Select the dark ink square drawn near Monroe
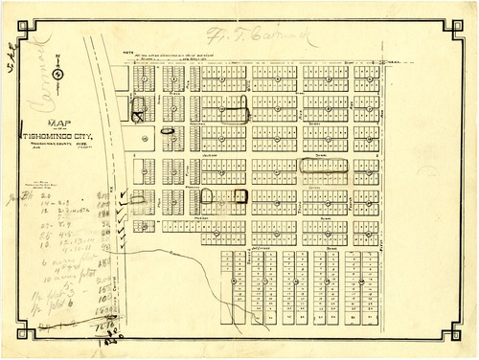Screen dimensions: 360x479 tap(240, 198)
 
